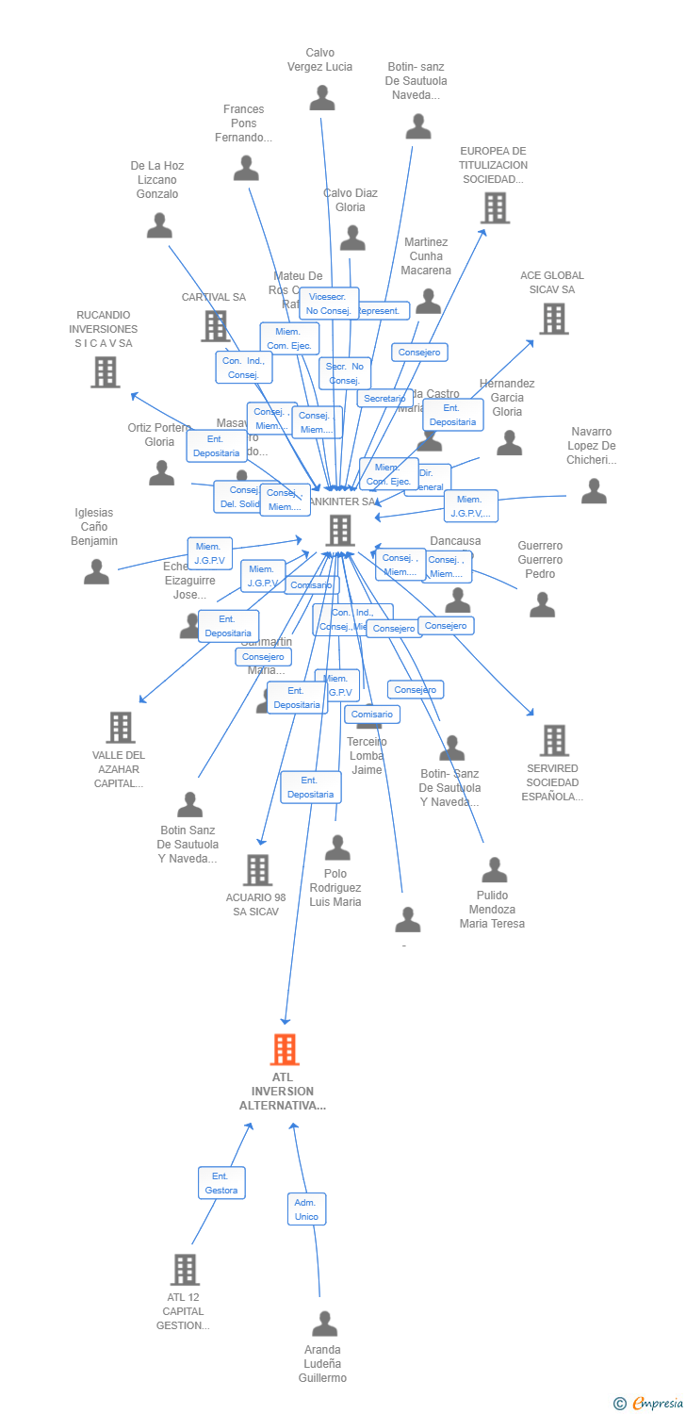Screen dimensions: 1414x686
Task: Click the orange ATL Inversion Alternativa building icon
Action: pos(285,1049)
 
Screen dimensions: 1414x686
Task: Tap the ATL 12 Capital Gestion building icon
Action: pos(185,1270)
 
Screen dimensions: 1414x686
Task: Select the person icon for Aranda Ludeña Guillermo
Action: pos(324,1324)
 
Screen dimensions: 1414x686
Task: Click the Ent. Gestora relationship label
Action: pos(221,1183)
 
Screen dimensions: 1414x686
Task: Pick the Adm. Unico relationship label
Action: pos(306,1208)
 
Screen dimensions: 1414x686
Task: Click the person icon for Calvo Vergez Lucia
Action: pos(322,97)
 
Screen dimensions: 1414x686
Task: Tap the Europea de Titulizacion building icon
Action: pos(495,207)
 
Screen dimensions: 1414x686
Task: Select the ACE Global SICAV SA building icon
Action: pos(553,319)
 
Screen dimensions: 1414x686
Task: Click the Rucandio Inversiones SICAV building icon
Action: pos(105,371)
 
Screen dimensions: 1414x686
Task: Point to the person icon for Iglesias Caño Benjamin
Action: pos(96,571)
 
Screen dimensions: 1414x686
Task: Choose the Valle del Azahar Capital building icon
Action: pos(120,727)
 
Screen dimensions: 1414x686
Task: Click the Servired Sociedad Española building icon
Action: pos(554,741)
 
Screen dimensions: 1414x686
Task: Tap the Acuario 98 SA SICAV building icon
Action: pos(257,870)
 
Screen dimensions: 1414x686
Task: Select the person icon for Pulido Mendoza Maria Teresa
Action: pos(494,870)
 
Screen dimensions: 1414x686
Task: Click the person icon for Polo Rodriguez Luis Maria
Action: pos(337,847)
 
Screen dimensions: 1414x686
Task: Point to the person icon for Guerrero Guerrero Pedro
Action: pos(542,604)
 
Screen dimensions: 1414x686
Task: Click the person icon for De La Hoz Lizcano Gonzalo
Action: pos(159,225)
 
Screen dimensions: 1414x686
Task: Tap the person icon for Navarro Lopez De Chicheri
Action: pos(594,490)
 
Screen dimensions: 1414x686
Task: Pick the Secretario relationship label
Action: pos(384,399)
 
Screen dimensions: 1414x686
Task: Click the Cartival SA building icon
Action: pos(215,326)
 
